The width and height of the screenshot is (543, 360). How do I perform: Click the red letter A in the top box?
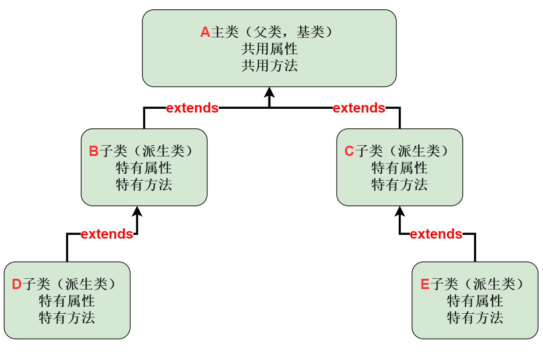(x=205, y=32)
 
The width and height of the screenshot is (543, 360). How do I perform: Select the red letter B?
(x=93, y=151)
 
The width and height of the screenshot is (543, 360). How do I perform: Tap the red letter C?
(x=349, y=151)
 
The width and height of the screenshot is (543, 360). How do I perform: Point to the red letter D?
(x=16, y=284)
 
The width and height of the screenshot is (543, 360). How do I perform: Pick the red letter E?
(x=425, y=284)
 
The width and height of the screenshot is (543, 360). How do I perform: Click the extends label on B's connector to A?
(x=192, y=108)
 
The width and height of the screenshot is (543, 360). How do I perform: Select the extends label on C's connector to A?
(x=359, y=108)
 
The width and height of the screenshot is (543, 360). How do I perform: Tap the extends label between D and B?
(x=107, y=234)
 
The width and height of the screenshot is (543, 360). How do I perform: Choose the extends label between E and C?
(x=436, y=234)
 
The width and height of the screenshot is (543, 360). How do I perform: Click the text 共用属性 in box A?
(x=269, y=49)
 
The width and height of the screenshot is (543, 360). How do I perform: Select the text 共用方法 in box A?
(x=269, y=65)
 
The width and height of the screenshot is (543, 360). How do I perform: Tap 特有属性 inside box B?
(x=144, y=168)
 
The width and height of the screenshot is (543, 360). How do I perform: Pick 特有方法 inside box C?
(x=400, y=184)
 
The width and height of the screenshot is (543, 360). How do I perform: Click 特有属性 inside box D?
(x=67, y=301)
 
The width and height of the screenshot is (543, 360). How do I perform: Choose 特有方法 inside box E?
(x=475, y=318)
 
